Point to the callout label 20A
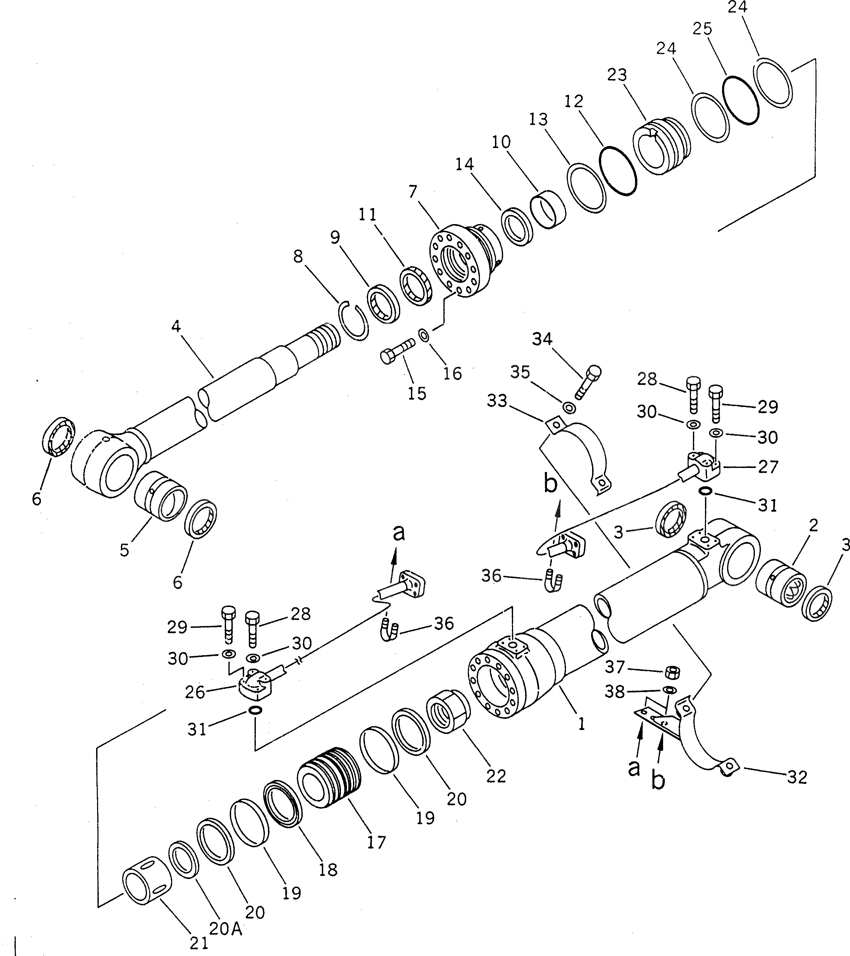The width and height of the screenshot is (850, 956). [225, 929]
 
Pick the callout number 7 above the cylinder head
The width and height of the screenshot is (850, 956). [412, 192]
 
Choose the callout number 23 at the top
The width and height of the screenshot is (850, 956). [617, 75]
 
